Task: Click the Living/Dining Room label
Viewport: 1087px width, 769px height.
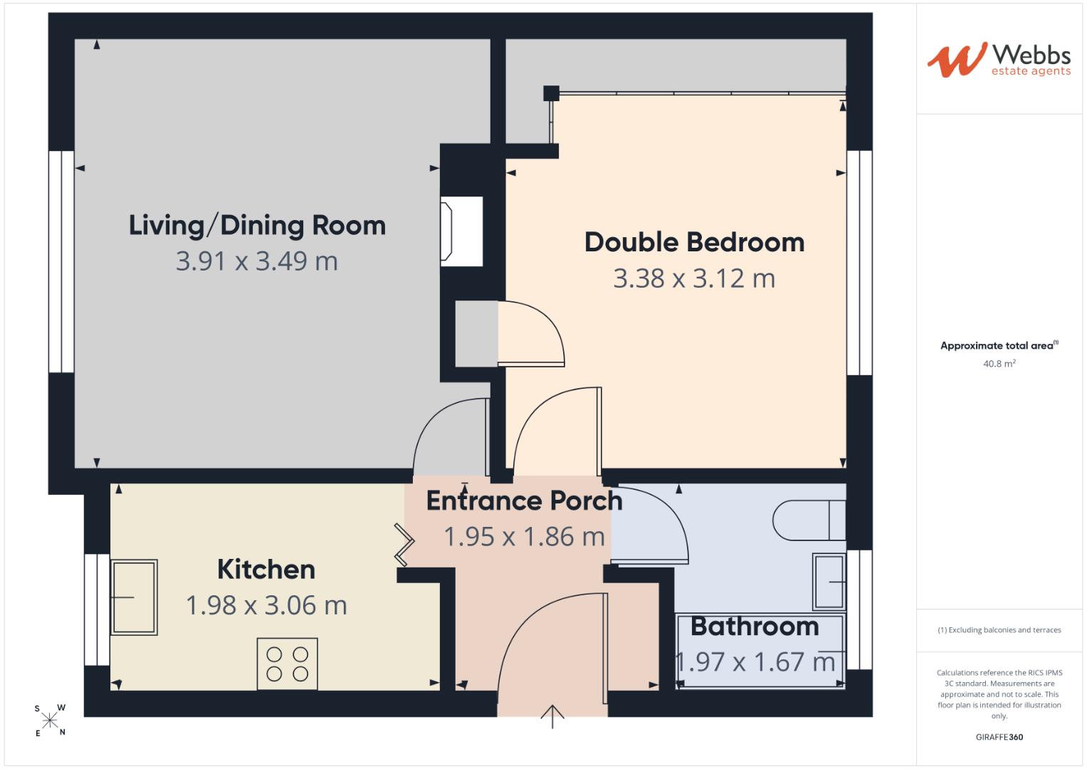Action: tap(257, 226)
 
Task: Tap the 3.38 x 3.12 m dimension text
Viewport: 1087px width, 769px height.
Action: tap(695, 278)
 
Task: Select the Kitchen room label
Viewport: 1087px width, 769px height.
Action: tap(266, 570)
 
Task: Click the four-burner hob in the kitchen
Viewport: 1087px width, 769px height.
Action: tap(288, 664)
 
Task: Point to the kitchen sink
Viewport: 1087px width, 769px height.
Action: tap(135, 597)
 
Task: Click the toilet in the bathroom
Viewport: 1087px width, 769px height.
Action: tap(809, 520)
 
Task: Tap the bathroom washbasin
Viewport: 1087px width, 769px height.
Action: tap(829, 582)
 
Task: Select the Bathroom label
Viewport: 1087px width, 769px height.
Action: tap(755, 627)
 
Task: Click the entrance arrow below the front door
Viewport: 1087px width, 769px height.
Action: tap(552, 716)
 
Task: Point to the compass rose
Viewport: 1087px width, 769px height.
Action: tap(50, 720)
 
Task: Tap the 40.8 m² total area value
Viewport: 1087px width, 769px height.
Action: tap(999, 364)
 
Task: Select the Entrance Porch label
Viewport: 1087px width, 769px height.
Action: tap(525, 501)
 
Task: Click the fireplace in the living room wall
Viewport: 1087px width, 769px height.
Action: tap(461, 231)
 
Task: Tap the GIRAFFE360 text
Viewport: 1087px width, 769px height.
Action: tap(999, 737)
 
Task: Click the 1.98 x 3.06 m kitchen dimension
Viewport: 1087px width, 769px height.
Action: tap(266, 605)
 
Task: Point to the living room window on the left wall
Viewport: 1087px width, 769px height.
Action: tap(61, 262)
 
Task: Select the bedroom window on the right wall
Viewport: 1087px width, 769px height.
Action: tap(859, 263)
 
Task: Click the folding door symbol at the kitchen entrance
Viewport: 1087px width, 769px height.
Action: tap(404, 545)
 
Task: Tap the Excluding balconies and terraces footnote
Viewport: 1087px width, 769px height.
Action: tap(999, 630)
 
